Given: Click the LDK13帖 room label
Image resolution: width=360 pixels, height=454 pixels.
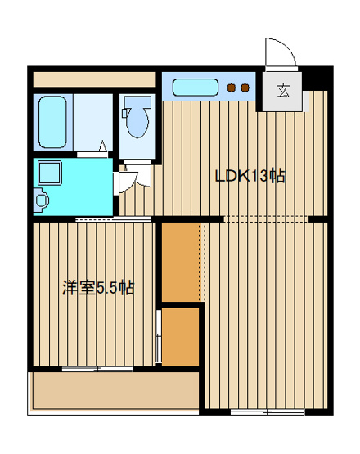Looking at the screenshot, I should [x=250, y=176].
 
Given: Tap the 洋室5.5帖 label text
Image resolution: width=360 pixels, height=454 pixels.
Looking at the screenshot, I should [x=98, y=288].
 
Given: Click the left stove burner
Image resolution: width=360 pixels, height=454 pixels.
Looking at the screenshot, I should [x=232, y=88].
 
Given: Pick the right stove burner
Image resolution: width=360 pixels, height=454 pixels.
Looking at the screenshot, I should [x=245, y=88].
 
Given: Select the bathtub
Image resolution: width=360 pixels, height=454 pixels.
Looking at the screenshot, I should [x=54, y=122].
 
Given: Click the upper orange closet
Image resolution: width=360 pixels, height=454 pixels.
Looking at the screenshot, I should [x=181, y=261].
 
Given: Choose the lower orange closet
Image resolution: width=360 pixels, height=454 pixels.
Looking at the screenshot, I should [x=181, y=336].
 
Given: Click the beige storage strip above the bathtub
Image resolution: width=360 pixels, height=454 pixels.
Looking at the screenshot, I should [x=93, y=79].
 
